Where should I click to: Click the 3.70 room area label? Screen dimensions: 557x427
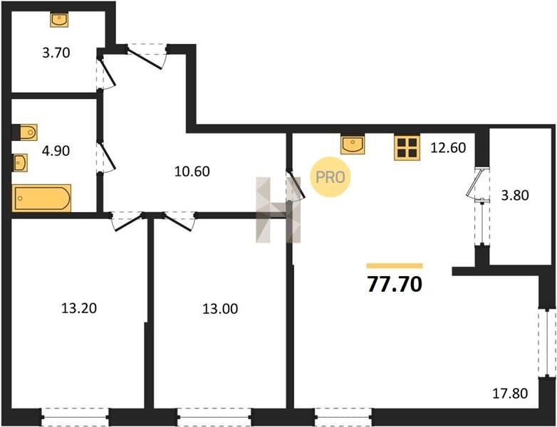(x=56, y=53)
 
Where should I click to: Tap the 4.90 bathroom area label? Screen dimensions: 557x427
(x=56, y=151)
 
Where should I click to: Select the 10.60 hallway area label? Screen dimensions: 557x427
(x=192, y=172)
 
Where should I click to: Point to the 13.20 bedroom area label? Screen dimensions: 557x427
(x=79, y=308)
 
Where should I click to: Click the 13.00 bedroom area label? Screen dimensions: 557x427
(x=220, y=309)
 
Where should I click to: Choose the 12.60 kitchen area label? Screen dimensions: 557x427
(x=448, y=147)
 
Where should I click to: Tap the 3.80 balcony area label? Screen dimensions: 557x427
(x=515, y=195)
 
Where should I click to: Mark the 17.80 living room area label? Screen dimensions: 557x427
(x=510, y=394)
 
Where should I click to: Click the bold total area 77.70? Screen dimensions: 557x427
(x=395, y=285)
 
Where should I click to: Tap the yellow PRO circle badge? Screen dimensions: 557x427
(x=330, y=176)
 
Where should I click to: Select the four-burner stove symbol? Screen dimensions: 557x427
(x=407, y=147)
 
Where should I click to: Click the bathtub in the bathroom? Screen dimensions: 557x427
(x=41, y=198)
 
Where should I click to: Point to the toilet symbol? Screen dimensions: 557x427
(x=25, y=133)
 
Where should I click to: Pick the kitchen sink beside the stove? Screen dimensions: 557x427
(x=353, y=144)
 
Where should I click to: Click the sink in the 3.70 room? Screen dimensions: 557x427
(x=59, y=20)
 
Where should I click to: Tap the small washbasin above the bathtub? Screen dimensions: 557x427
(x=20, y=162)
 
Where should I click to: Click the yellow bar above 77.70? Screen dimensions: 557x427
(x=395, y=266)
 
